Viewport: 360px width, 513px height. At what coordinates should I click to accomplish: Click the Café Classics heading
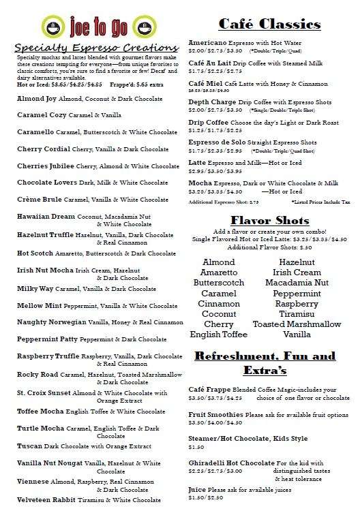click(x=269, y=25)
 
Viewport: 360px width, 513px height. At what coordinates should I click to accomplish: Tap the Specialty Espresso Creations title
click(x=95, y=48)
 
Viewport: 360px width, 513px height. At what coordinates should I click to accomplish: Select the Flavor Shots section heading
click(x=269, y=220)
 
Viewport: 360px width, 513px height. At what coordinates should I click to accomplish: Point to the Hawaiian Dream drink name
click(x=46, y=216)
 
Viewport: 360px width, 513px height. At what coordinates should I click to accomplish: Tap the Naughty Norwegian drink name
click(x=51, y=322)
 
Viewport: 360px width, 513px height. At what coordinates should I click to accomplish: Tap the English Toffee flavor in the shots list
click(x=219, y=335)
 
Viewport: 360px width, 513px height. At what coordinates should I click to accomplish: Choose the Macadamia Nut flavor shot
click(x=297, y=283)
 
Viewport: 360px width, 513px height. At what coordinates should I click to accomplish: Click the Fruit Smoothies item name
click(x=215, y=414)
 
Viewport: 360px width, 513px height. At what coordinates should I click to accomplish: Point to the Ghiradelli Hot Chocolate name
click(x=231, y=463)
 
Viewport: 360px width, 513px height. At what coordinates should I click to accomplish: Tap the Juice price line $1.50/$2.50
click(x=205, y=498)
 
